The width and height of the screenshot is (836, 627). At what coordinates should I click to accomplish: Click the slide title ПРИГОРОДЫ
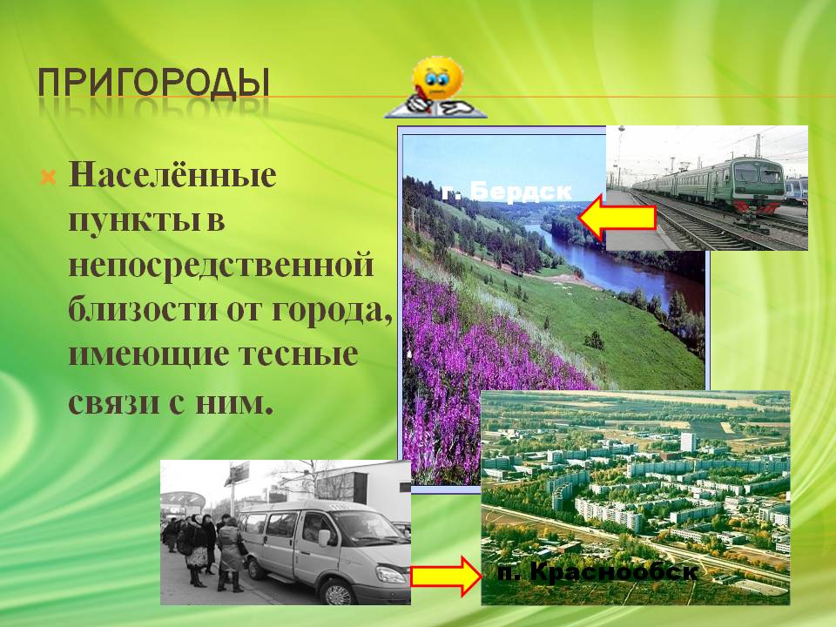(153, 84)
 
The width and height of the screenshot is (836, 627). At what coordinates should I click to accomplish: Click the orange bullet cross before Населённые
(48, 178)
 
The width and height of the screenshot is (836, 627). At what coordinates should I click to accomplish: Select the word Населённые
(172, 174)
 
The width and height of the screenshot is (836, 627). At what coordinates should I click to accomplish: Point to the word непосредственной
(220, 264)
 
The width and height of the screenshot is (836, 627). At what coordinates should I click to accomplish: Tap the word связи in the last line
(113, 401)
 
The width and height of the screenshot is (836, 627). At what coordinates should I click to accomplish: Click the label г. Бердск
(507, 191)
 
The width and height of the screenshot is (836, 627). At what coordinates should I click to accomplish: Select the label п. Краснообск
(597, 573)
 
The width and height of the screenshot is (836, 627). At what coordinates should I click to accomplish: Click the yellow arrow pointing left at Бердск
(617, 217)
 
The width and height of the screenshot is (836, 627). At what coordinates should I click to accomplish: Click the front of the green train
(757, 186)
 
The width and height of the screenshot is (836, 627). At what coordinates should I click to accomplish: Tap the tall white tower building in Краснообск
(688, 442)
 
